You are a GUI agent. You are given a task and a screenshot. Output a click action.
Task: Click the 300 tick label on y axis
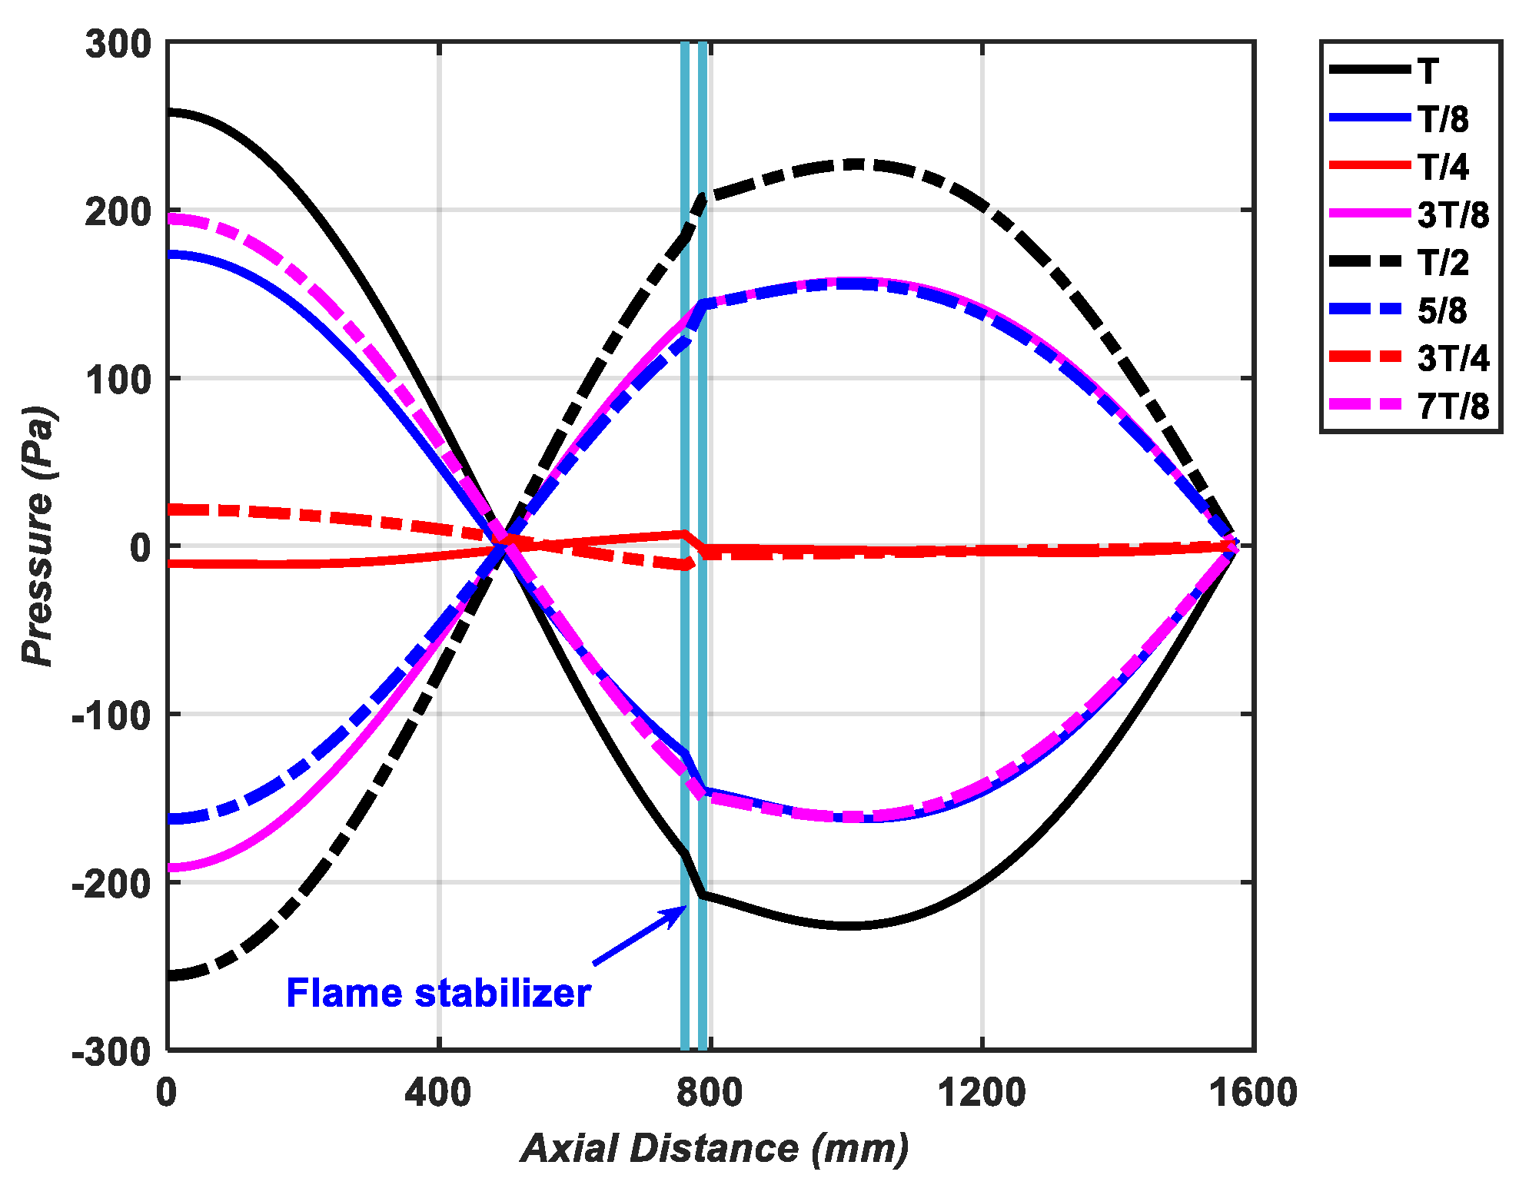point(119,45)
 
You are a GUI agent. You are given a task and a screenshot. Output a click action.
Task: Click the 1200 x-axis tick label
point(982,1092)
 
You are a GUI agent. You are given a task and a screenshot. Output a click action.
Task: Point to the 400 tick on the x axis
point(438,1092)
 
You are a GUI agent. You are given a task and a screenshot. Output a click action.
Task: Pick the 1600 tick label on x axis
point(1253,1092)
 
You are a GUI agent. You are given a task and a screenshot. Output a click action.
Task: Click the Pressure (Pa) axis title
point(38,536)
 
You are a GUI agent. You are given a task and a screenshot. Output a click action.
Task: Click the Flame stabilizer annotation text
point(438,993)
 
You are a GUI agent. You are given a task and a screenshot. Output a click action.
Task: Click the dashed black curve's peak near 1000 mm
point(849,164)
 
